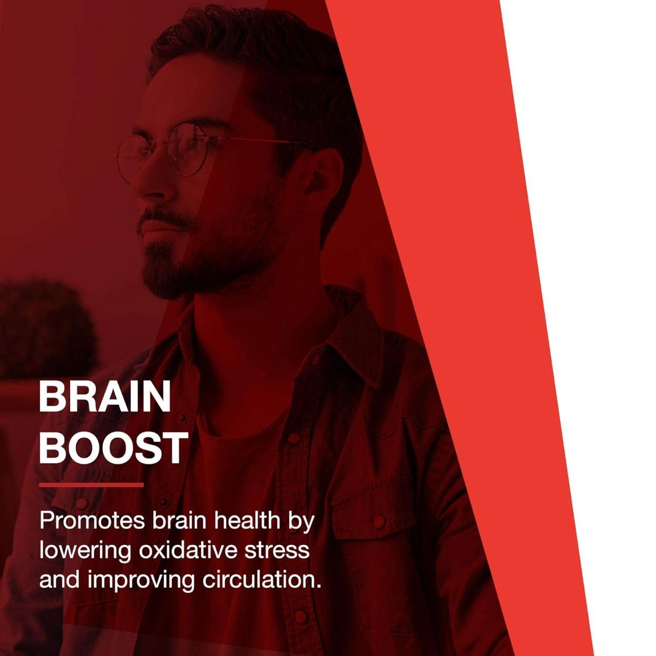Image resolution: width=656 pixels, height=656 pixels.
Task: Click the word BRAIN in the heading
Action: tap(104, 399)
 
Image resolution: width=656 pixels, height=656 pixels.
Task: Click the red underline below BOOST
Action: tap(91, 484)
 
